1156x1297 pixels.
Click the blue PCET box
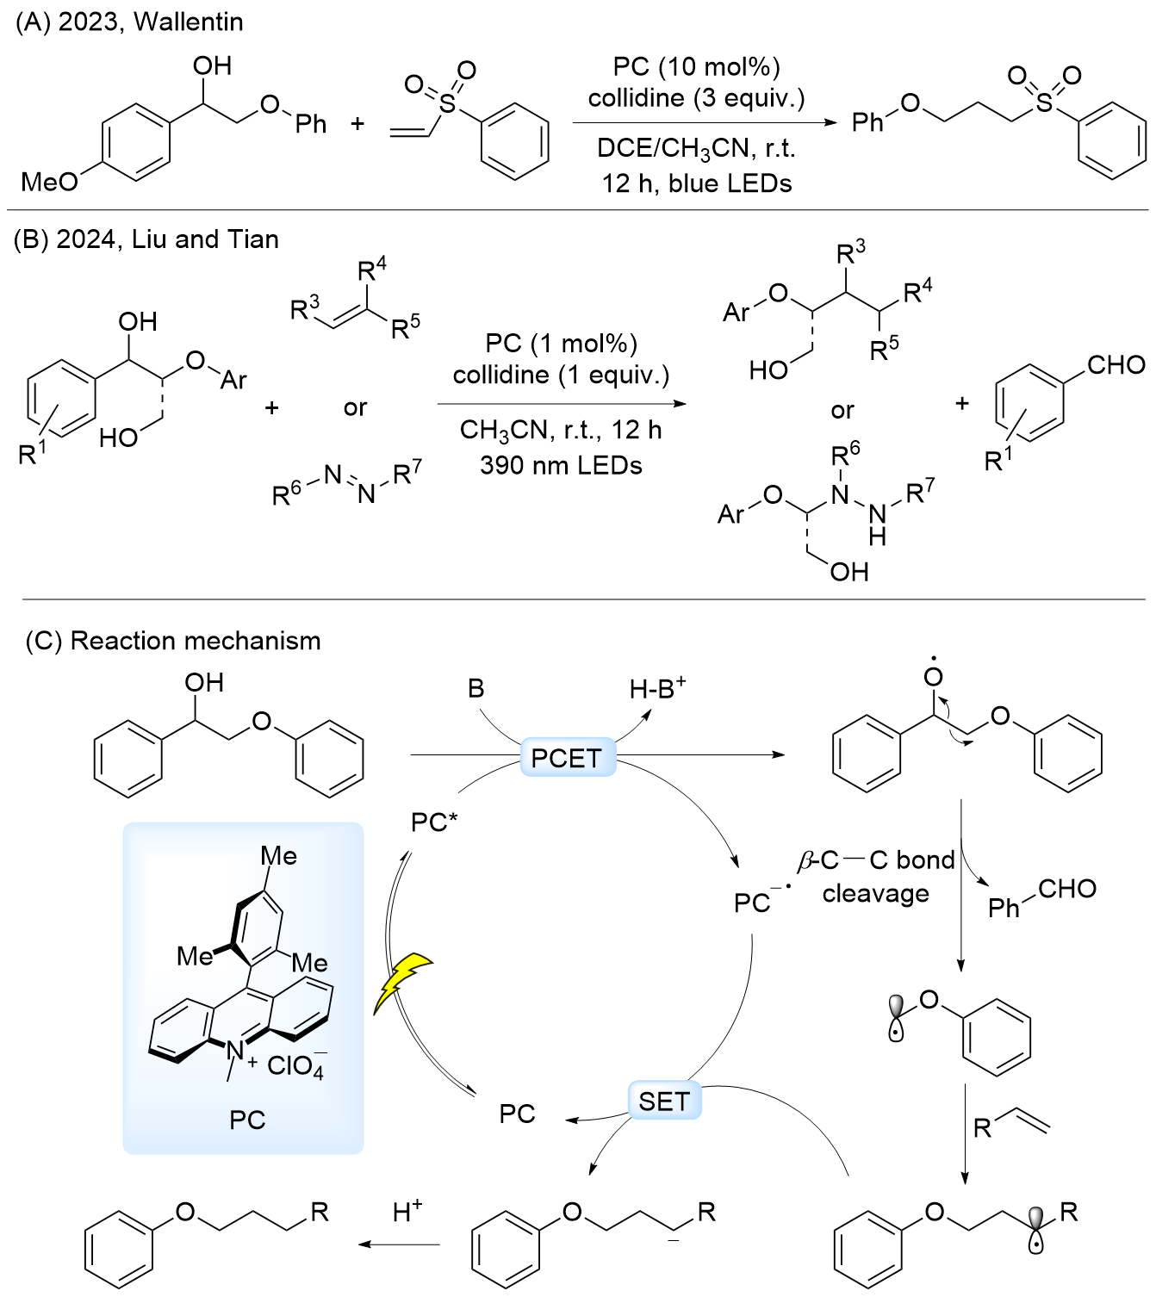(x=567, y=758)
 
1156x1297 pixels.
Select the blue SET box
(x=664, y=1101)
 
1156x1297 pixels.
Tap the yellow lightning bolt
(x=401, y=982)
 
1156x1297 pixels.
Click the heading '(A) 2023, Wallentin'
(x=129, y=22)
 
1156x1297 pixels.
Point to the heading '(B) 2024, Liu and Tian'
(x=146, y=239)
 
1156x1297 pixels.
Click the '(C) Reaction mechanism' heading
(x=173, y=641)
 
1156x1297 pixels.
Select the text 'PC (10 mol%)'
(x=696, y=66)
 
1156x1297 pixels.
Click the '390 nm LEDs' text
(x=561, y=466)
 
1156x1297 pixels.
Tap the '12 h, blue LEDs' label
(x=696, y=183)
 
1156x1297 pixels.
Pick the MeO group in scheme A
(x=49, y=182)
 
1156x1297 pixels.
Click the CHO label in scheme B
(x=1116, y=365)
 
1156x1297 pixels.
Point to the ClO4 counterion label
(x=295, y=1066)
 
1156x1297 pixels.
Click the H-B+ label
(x=657, y=688)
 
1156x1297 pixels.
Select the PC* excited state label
(x=433, y=822)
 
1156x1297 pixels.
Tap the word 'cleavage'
(x=875, y=894)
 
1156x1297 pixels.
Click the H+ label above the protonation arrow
(x=407, y=1212)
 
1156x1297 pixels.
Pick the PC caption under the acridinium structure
(x=247, y=1120)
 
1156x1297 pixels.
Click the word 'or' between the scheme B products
(x=842, y=411)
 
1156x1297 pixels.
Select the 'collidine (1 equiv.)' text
(x=561, y=375)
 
